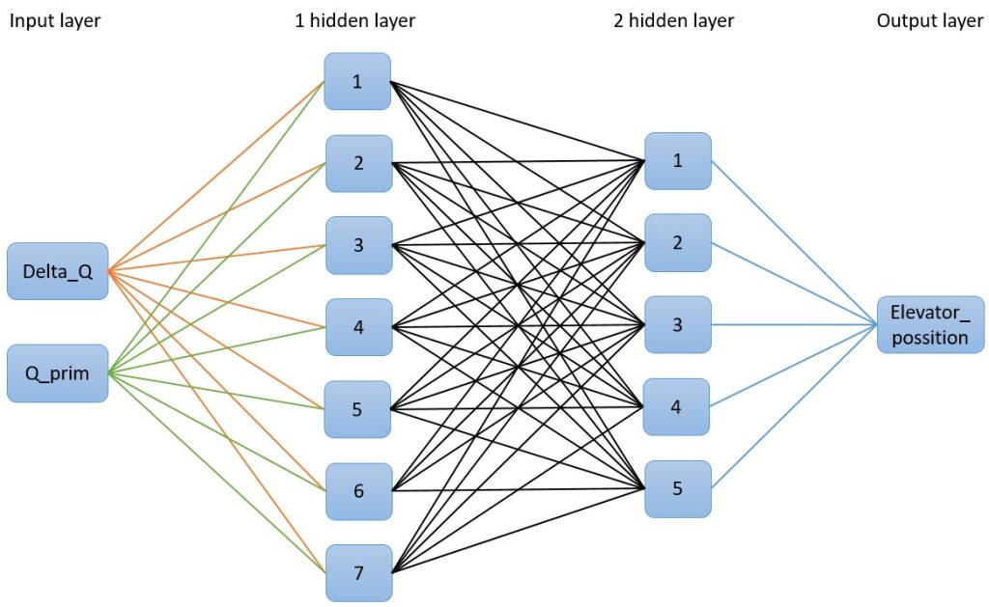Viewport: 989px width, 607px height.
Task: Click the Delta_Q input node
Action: click(58, 271)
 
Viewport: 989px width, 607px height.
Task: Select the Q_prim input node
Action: click(58, 373)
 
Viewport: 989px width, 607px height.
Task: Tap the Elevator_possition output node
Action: click(930, 324)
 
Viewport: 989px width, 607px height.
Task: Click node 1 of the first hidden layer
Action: click(357, 81)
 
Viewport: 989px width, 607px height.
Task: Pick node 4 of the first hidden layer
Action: click(358, 327)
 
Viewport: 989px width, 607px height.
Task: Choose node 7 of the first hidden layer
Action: click(358, 573)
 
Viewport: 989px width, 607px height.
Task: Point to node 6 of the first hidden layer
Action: click(358, 491)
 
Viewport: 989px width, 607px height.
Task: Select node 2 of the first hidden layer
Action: click(358, 163)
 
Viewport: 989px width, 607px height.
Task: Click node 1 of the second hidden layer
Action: click(677, 160)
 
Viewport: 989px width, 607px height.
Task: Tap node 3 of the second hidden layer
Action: click(677, 324)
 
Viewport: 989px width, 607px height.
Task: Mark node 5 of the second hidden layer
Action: click(677, 488)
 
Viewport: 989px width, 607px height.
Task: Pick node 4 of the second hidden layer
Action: click(677, 406)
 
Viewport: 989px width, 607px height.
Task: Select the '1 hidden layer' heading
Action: click(354, 21)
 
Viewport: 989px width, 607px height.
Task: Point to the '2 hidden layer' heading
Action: click(673, 21)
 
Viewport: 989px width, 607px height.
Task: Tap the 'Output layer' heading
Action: click(929, 21)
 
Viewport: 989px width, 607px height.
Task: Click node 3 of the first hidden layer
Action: click(358, 245)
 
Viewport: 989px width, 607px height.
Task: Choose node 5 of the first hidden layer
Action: click(358, 409)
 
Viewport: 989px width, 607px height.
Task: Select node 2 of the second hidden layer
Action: click(677, 242)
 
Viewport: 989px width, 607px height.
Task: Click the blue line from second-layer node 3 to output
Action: click(792, 324)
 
